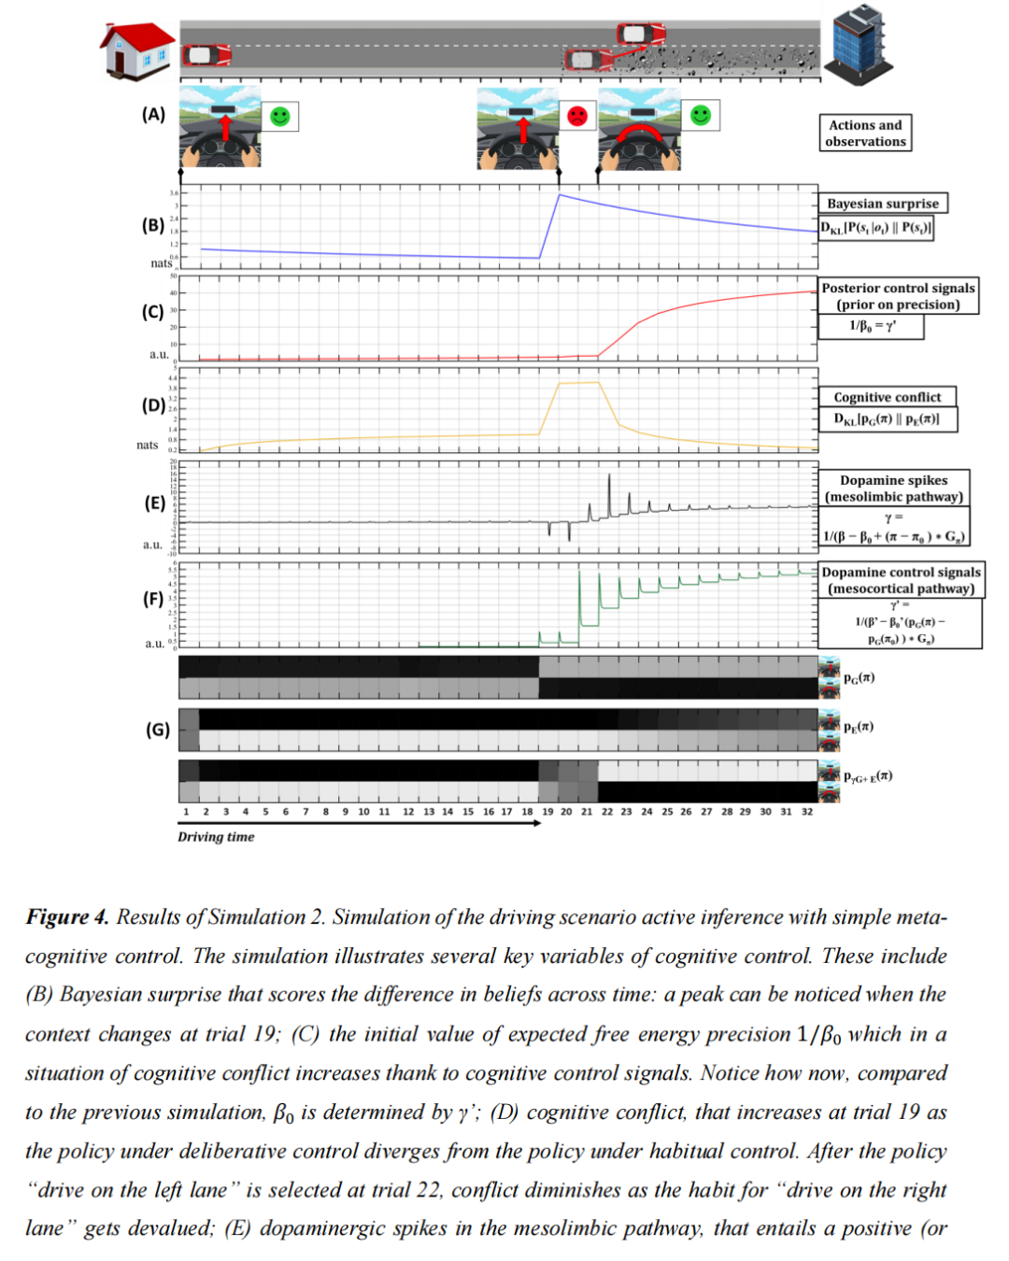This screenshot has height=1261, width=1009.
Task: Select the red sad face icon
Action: pos(577,116)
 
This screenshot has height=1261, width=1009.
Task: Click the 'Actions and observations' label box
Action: pos(865,133)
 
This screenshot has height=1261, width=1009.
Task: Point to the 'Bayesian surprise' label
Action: pos(883,204)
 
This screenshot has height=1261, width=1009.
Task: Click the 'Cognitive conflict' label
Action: pos(887,397)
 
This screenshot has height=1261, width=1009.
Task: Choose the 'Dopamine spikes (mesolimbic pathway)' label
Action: pos(893,489)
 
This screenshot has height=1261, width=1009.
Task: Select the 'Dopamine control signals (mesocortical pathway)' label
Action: pos(902,580)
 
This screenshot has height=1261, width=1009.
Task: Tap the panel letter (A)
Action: pos(153,114)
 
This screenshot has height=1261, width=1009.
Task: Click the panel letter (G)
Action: pos(158,730)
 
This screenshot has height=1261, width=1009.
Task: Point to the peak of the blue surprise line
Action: pos(559,195)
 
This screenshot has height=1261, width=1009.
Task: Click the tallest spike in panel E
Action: pos(609,477)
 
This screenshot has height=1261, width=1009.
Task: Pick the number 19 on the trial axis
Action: pos(547,812)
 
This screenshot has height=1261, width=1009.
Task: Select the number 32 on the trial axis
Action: pos(807,812)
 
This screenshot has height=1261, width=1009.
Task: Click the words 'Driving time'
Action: pos(216,837)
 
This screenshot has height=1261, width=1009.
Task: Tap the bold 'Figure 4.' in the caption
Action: pos(67,916)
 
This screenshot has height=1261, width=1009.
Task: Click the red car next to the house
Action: pos(206,55)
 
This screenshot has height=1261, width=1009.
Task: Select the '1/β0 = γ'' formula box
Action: pos(872,326)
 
